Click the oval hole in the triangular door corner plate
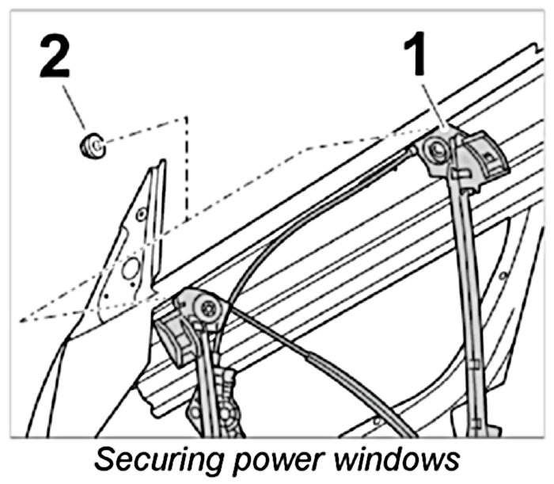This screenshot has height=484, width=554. tap(130, 269)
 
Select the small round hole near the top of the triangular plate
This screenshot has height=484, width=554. tap(142, 212)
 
